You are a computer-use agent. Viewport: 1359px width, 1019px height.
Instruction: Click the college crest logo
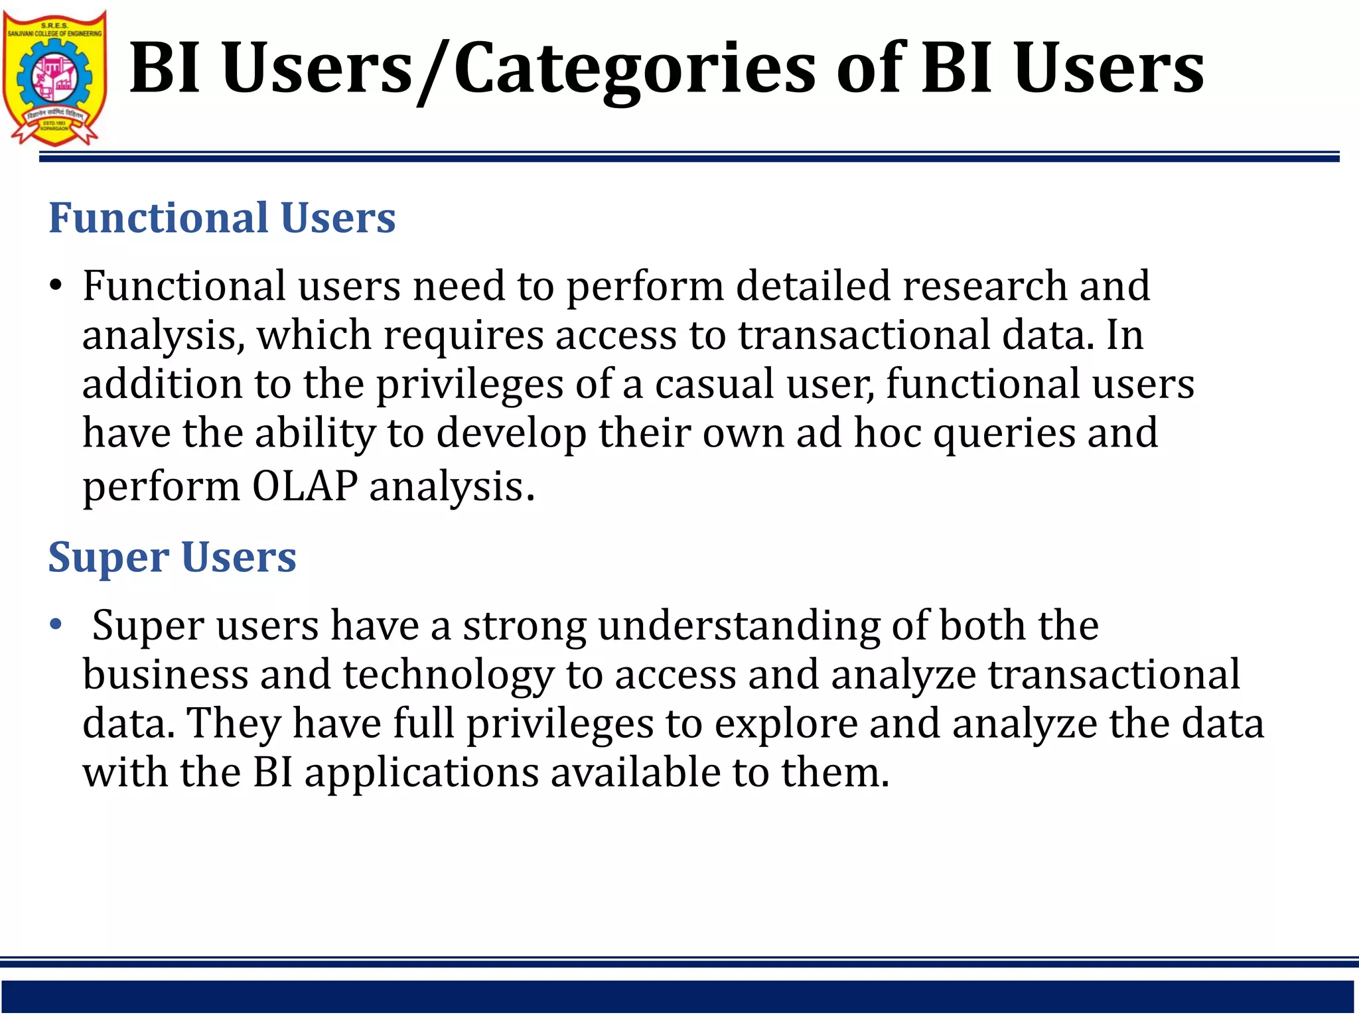coord(54,78)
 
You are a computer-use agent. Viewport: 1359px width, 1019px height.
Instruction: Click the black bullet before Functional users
coord(56,286)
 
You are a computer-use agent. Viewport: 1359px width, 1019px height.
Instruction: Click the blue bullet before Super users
coord(56,624)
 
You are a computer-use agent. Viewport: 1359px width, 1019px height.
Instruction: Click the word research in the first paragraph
coord(984,286)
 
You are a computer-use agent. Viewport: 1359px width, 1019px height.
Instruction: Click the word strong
coord(524,626)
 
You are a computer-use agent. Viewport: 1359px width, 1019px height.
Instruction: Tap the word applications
coord(421,774)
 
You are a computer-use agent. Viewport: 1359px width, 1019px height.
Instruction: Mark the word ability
coord(315,433)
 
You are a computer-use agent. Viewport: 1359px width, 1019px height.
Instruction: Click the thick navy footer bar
coord(677,996)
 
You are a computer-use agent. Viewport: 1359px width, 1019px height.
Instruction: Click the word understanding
coord(738,626)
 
